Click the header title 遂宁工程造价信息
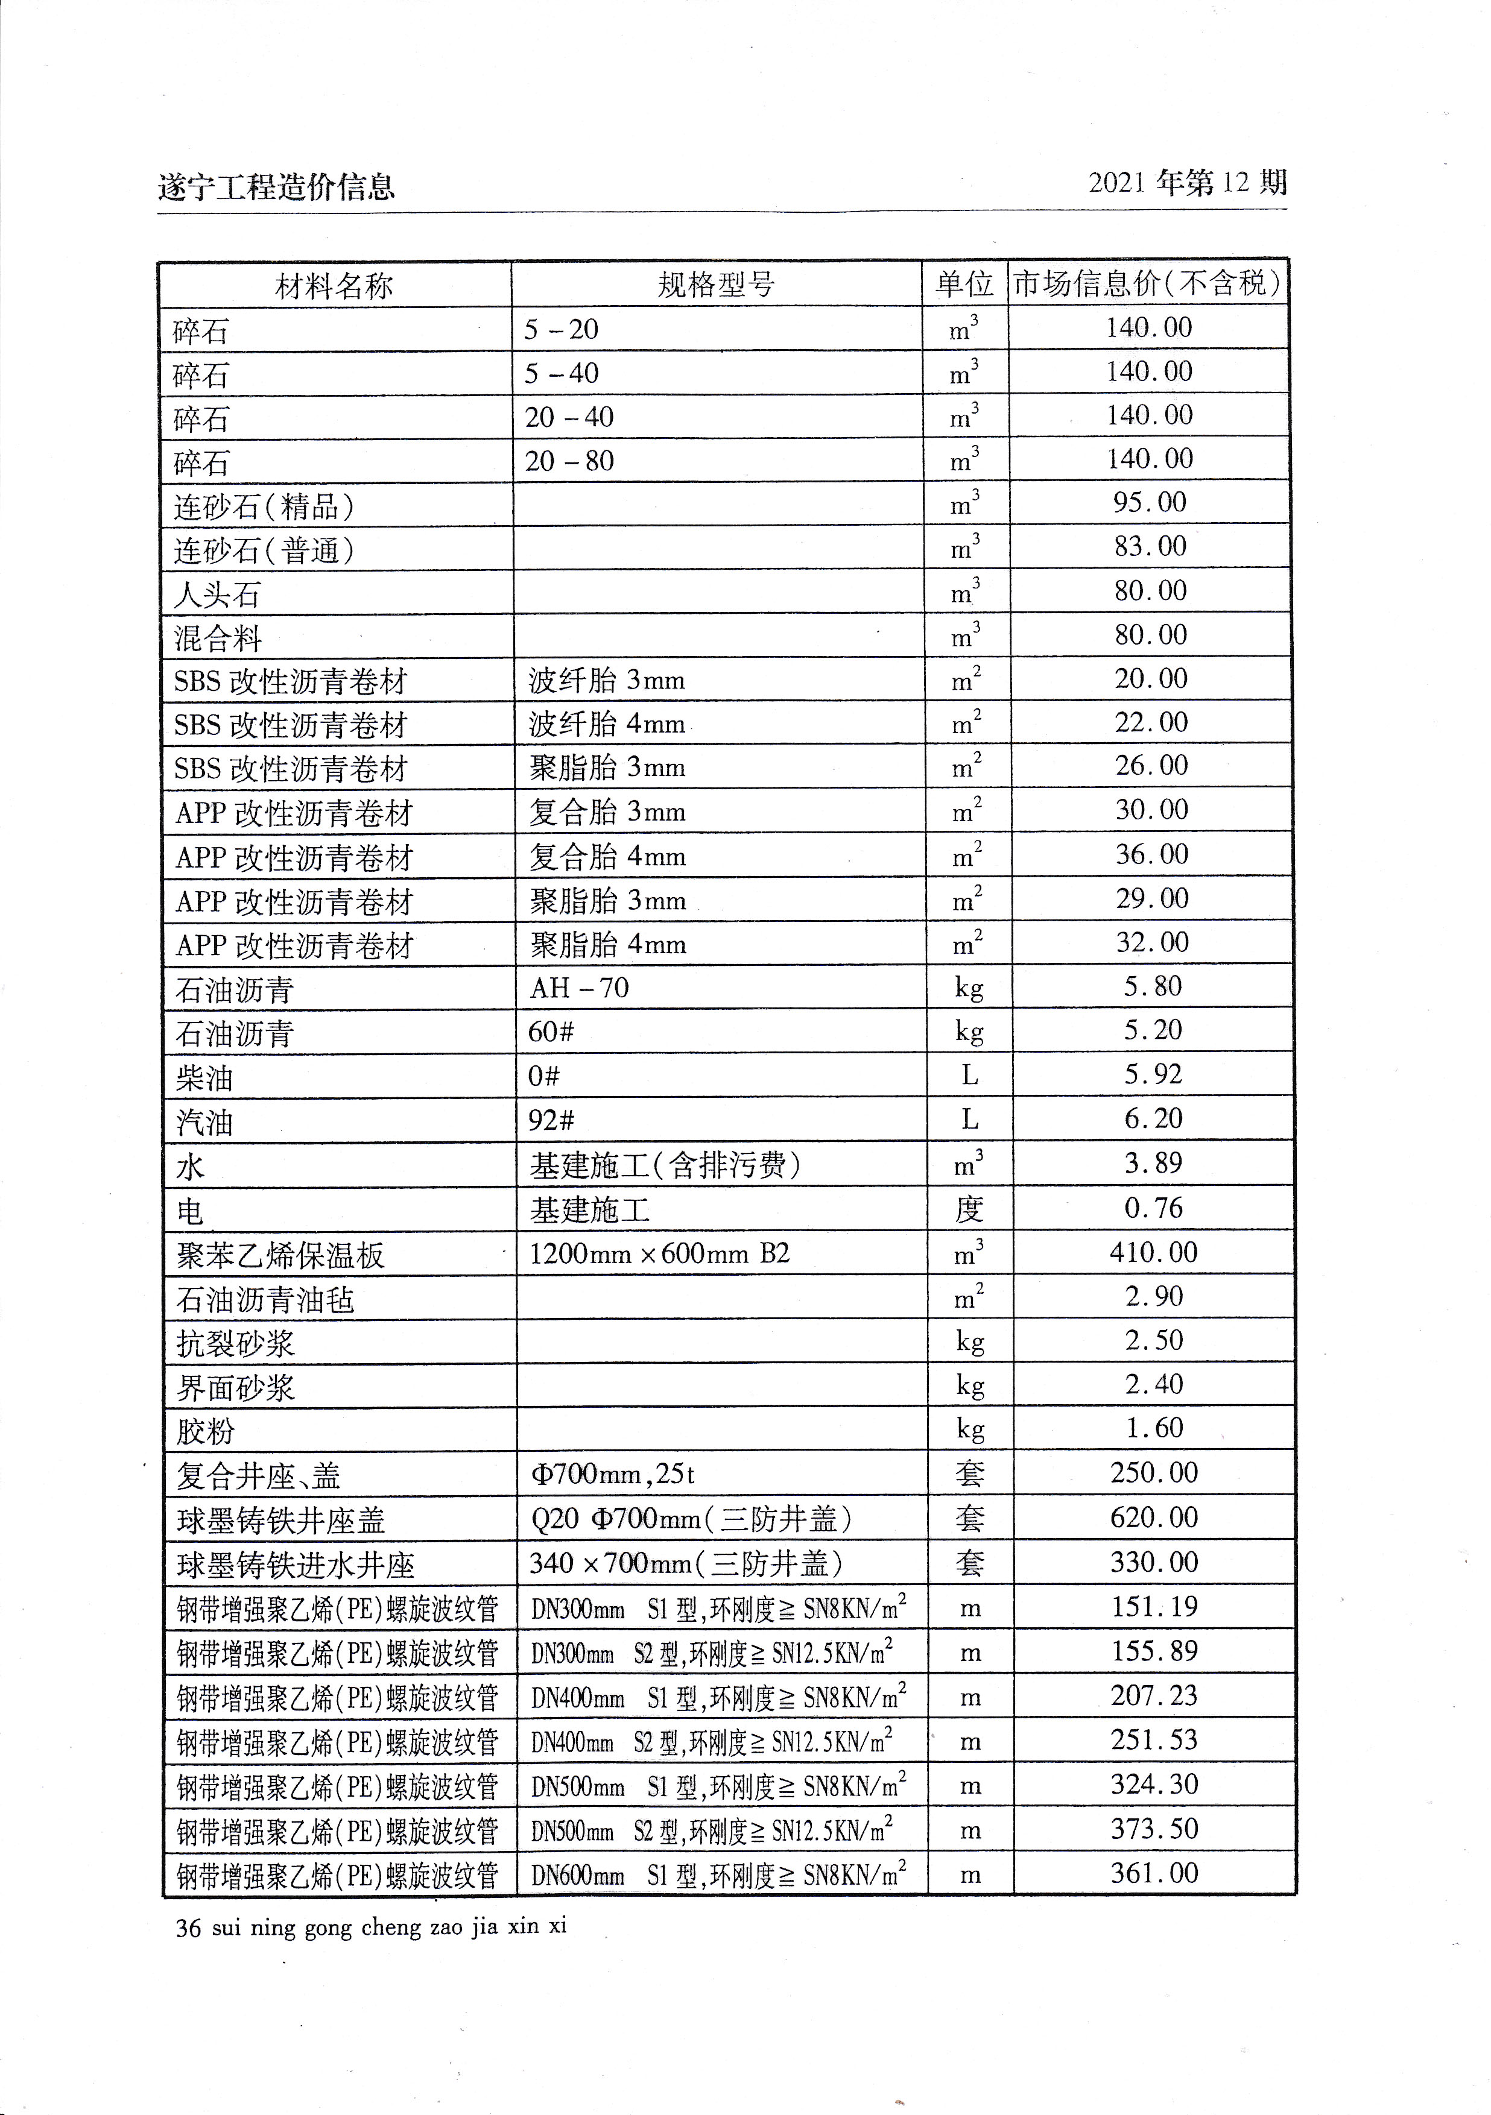(276, 187)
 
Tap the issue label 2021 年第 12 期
(1187, 183)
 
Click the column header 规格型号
(716, 285)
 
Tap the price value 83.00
(1150, 546)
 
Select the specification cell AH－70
(578, 988)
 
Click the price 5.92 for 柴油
(1152, 1075)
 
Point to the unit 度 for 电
(969, 1209)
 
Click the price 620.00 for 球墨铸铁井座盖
(1154, 1518)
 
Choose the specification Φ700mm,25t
(612, 1475)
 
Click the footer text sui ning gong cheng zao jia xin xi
(389, 1927)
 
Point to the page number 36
(188, 1928)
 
